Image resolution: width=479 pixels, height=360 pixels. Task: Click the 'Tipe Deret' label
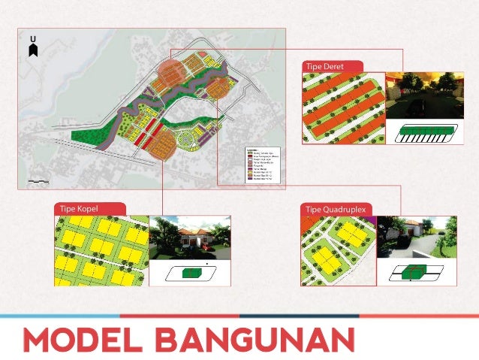tap(325, 67)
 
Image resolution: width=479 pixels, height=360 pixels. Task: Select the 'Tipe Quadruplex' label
tap(333, 208)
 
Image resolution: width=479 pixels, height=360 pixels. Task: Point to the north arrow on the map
tap(32, 50)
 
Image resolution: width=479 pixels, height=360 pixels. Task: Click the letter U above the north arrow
tap(32, 38)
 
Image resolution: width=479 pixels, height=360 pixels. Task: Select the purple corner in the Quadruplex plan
tap(368, 221)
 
